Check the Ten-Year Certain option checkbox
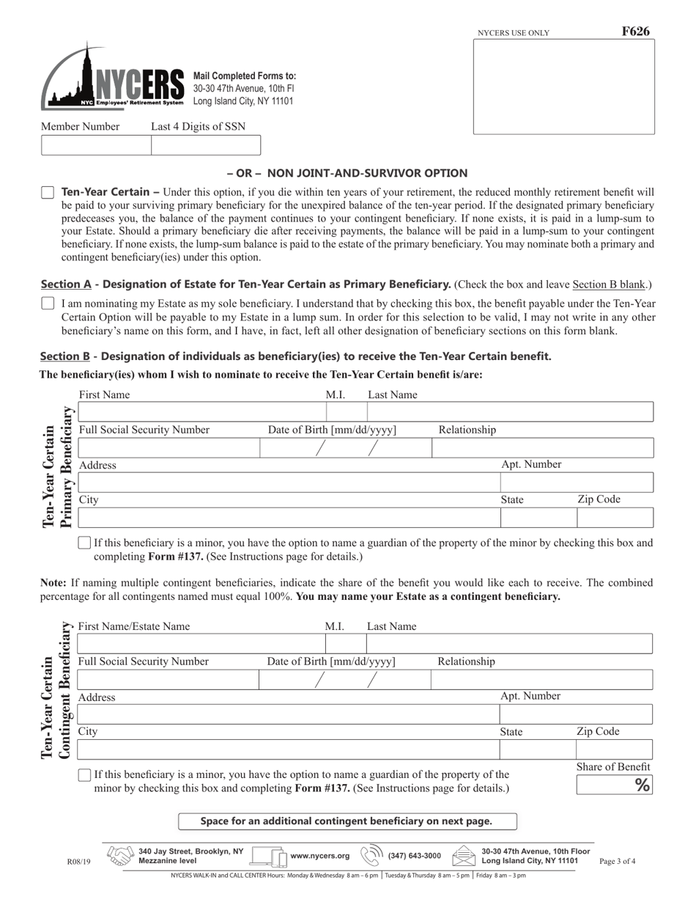pyautogui.click(x=48, y=193)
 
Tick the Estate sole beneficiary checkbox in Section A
pyautogui.click(x=48, y=303)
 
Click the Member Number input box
pyautogui.click(x=96, y=145)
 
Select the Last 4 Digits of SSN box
pyautogui.click(x=205, y=145)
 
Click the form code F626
pyautogui.click(x=634, y=32)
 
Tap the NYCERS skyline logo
pyautogui.click(x=112, y=78)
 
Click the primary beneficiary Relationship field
pyautogui.click(x=542, y=447)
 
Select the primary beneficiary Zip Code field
pyautogui.click(x=614, y=518)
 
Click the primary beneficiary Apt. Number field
pyautogui.click(x=576, y=483)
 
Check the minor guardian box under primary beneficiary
pyautogui.click(x=84, y=543)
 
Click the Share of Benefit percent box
pyautogui.click(x=614, y=785)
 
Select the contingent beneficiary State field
pyautogui.click(x=537, y=749)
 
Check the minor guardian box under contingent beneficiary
pyautogui.click(x=84, y=775)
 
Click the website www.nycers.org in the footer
pyautogui.click(x=320, y=856)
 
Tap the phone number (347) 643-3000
pyautogui.click(x=414, y=856)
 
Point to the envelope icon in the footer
pyautogui.click(x=464, y=856)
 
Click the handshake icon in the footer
pyautogui.click(x=120, y=856)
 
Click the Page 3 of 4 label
pyautogui.click(x=617, y=862)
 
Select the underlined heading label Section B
pyautogui.click(x=65, y=356)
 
